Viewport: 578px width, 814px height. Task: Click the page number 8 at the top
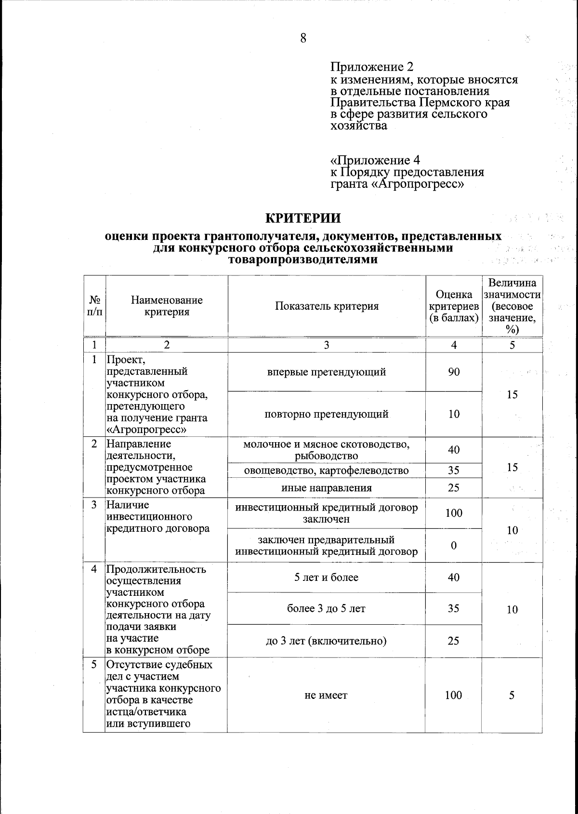point(303,38)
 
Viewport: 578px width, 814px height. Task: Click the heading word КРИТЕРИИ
point(303,218)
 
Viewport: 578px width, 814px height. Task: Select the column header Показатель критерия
point(327,306)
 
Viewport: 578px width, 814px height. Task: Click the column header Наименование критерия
point(167,306)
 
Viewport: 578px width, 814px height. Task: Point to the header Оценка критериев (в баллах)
point(454,306)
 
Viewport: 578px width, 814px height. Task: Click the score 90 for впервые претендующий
point(454,372)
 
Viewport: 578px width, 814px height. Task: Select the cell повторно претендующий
point(327,414)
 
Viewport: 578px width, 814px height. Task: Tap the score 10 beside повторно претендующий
point(454,414)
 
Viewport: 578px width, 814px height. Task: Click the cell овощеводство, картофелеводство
point(327,471)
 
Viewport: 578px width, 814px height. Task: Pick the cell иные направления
point(327,488)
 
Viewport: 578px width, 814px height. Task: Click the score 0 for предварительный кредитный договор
point(454,545)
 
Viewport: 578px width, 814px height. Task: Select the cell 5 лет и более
point(327,578)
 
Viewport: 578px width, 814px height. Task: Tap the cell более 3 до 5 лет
point(327,609)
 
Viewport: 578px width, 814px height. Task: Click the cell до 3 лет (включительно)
point(327,641)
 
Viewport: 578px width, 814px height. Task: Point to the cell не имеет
point(327,695)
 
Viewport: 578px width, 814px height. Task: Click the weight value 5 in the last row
point(512,695)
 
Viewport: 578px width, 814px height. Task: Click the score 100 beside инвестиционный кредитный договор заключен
point(454,513)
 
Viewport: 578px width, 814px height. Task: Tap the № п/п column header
point(94,306)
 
